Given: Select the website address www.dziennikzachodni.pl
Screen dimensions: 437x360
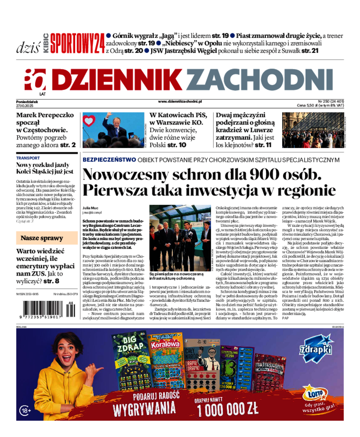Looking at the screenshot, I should pos(180,102).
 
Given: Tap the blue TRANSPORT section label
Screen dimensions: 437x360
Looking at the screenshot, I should pos(28,158).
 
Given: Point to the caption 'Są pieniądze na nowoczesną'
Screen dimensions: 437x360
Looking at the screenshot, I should pos(177,274).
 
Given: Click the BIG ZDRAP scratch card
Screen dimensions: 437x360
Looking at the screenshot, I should pos(128,360).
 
